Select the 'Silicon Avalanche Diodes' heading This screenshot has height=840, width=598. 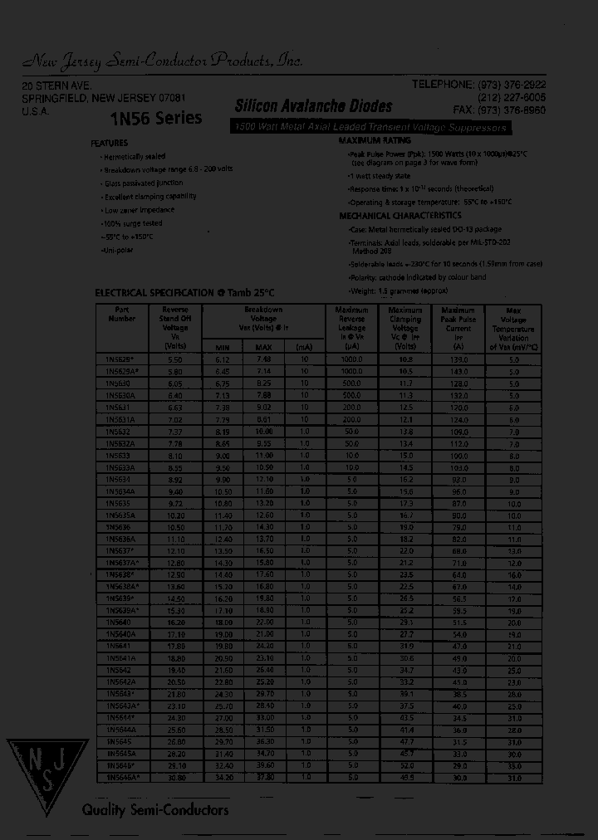coord(313,107)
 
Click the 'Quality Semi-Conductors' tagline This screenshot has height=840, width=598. coord(154,809)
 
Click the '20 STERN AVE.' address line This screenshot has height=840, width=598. coord(56,86)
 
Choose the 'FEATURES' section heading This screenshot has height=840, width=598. coord(109,143)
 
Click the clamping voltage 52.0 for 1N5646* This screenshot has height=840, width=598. coord(405,765)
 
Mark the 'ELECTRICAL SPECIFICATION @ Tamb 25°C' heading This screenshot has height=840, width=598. coord(184,293)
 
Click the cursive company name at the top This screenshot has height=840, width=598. coord(162,60)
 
